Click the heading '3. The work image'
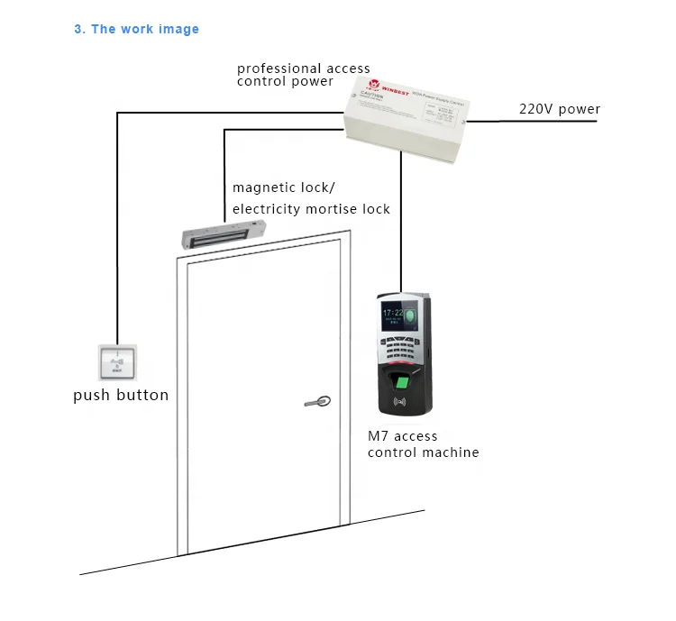(x=136, y=29)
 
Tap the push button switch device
(x=115, y=364)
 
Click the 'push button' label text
(x=120, y=395)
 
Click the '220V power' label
(x=559, y=109)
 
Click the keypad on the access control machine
(x=402, y=347)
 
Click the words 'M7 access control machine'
(x=422, y=443)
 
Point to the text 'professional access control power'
(x=303, y=75)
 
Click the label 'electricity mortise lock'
(x=311, y=209)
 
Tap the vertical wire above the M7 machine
(x=401, y=225)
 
